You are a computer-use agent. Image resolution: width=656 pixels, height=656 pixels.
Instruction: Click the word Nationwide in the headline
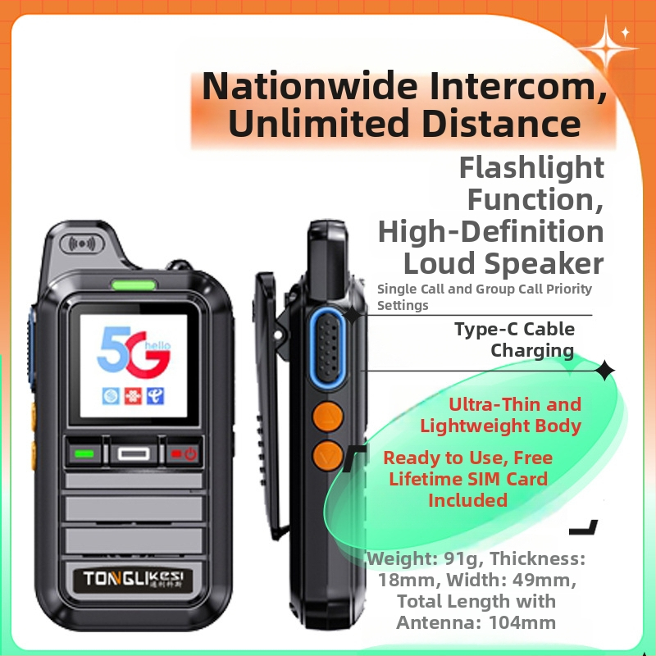310,86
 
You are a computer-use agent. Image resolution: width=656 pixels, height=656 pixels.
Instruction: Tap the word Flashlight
531,168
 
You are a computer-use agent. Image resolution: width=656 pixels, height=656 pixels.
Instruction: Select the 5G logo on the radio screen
134,352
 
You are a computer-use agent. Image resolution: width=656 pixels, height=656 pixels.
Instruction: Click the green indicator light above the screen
134,285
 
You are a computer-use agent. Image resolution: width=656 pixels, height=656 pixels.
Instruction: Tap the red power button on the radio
184,453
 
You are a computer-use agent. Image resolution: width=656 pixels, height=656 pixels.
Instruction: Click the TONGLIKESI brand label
133,579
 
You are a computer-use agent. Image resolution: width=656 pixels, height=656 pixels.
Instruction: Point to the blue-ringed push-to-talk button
327,348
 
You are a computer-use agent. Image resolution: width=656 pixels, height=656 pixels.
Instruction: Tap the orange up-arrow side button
327,417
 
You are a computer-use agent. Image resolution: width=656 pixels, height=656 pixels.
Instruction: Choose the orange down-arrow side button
327,456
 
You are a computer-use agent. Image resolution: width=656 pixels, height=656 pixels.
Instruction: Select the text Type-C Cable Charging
515,339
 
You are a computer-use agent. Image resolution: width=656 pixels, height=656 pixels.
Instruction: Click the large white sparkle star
607,48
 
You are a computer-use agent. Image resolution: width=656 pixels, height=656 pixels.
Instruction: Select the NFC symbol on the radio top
82,244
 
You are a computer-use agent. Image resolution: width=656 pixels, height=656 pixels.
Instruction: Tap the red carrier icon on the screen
133,396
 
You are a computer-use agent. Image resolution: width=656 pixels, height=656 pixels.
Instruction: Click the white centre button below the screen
134,454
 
